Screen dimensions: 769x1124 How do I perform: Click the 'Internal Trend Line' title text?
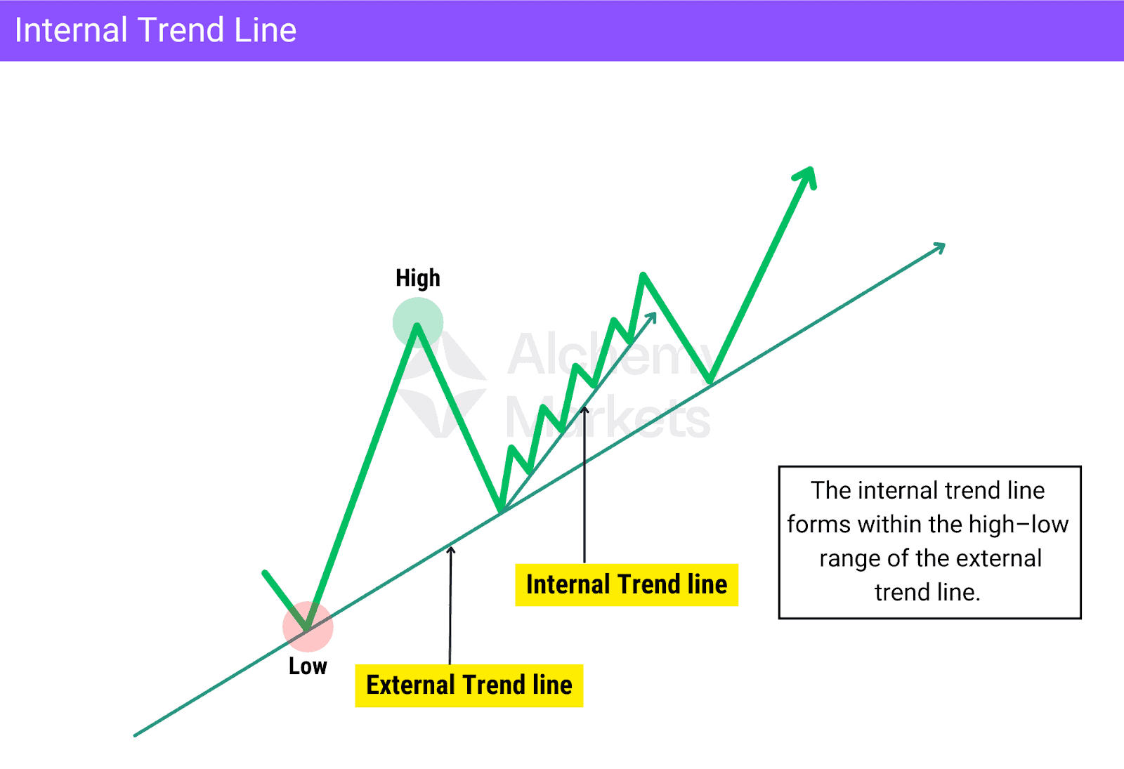point(155,30)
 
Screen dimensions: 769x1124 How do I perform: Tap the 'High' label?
point(418,278)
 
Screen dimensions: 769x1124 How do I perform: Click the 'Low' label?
point(308,666)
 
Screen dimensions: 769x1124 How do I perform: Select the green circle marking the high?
point(418,322)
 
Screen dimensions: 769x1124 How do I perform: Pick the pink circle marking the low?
point(308,626)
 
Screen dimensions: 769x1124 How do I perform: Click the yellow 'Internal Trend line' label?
point(627,584)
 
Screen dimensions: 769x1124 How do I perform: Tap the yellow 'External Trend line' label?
point(469,685)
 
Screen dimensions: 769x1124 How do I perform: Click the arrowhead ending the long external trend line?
point(939,247)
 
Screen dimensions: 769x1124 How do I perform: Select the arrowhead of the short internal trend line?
point(651,317)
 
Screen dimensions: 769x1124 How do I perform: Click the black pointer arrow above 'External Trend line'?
point(450,604)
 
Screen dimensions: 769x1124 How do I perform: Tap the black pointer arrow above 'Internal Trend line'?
point(584,485)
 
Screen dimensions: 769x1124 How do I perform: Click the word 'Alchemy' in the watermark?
point(604,354)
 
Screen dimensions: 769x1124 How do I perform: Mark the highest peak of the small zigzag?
point(643,275)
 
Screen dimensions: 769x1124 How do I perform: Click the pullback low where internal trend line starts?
point(501,511)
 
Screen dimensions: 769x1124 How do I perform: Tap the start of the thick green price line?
point(265,573)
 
